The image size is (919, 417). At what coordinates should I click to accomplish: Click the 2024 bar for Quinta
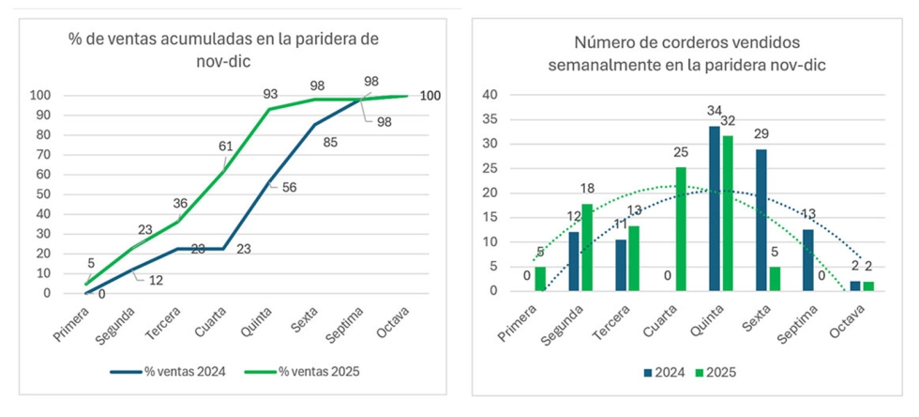[715, 208]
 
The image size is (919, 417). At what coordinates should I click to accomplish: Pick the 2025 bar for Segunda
[586, 247]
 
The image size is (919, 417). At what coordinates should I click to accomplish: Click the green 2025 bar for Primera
[539, 279]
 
